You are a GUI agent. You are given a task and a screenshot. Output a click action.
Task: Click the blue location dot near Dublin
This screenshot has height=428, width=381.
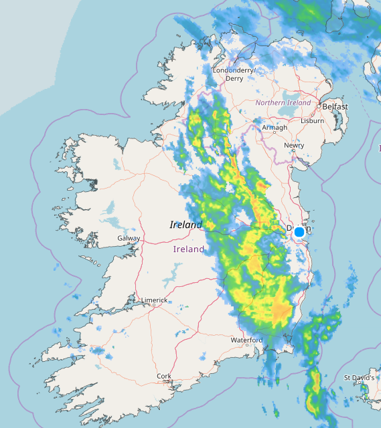click(299, 231)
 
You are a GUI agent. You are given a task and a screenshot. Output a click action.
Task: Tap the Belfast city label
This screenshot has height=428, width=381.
click(335, 107)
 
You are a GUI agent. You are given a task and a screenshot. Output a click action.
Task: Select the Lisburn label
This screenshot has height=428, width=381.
click(312, 121)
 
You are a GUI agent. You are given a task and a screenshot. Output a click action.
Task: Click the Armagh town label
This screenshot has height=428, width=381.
click(275, 128)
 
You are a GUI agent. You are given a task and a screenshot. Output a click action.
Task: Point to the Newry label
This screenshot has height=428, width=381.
click(293, 145)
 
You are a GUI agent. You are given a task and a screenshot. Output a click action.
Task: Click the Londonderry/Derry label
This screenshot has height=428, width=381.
click(234, 74)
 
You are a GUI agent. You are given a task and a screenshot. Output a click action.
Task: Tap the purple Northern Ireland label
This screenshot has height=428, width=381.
click(283, 103)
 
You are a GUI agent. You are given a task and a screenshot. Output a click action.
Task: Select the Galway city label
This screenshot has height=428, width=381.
click(129, 238)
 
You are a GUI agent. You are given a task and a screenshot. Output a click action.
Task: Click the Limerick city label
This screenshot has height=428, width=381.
click(154, 300)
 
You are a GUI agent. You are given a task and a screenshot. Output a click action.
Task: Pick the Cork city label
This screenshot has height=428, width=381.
click(163, 376)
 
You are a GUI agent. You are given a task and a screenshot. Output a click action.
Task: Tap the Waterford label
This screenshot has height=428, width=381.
click(246, 340)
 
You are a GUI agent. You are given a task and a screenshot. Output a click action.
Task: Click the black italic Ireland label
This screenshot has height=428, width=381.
click(186, 225)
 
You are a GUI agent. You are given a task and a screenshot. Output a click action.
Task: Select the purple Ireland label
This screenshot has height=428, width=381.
click(189, 249)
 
